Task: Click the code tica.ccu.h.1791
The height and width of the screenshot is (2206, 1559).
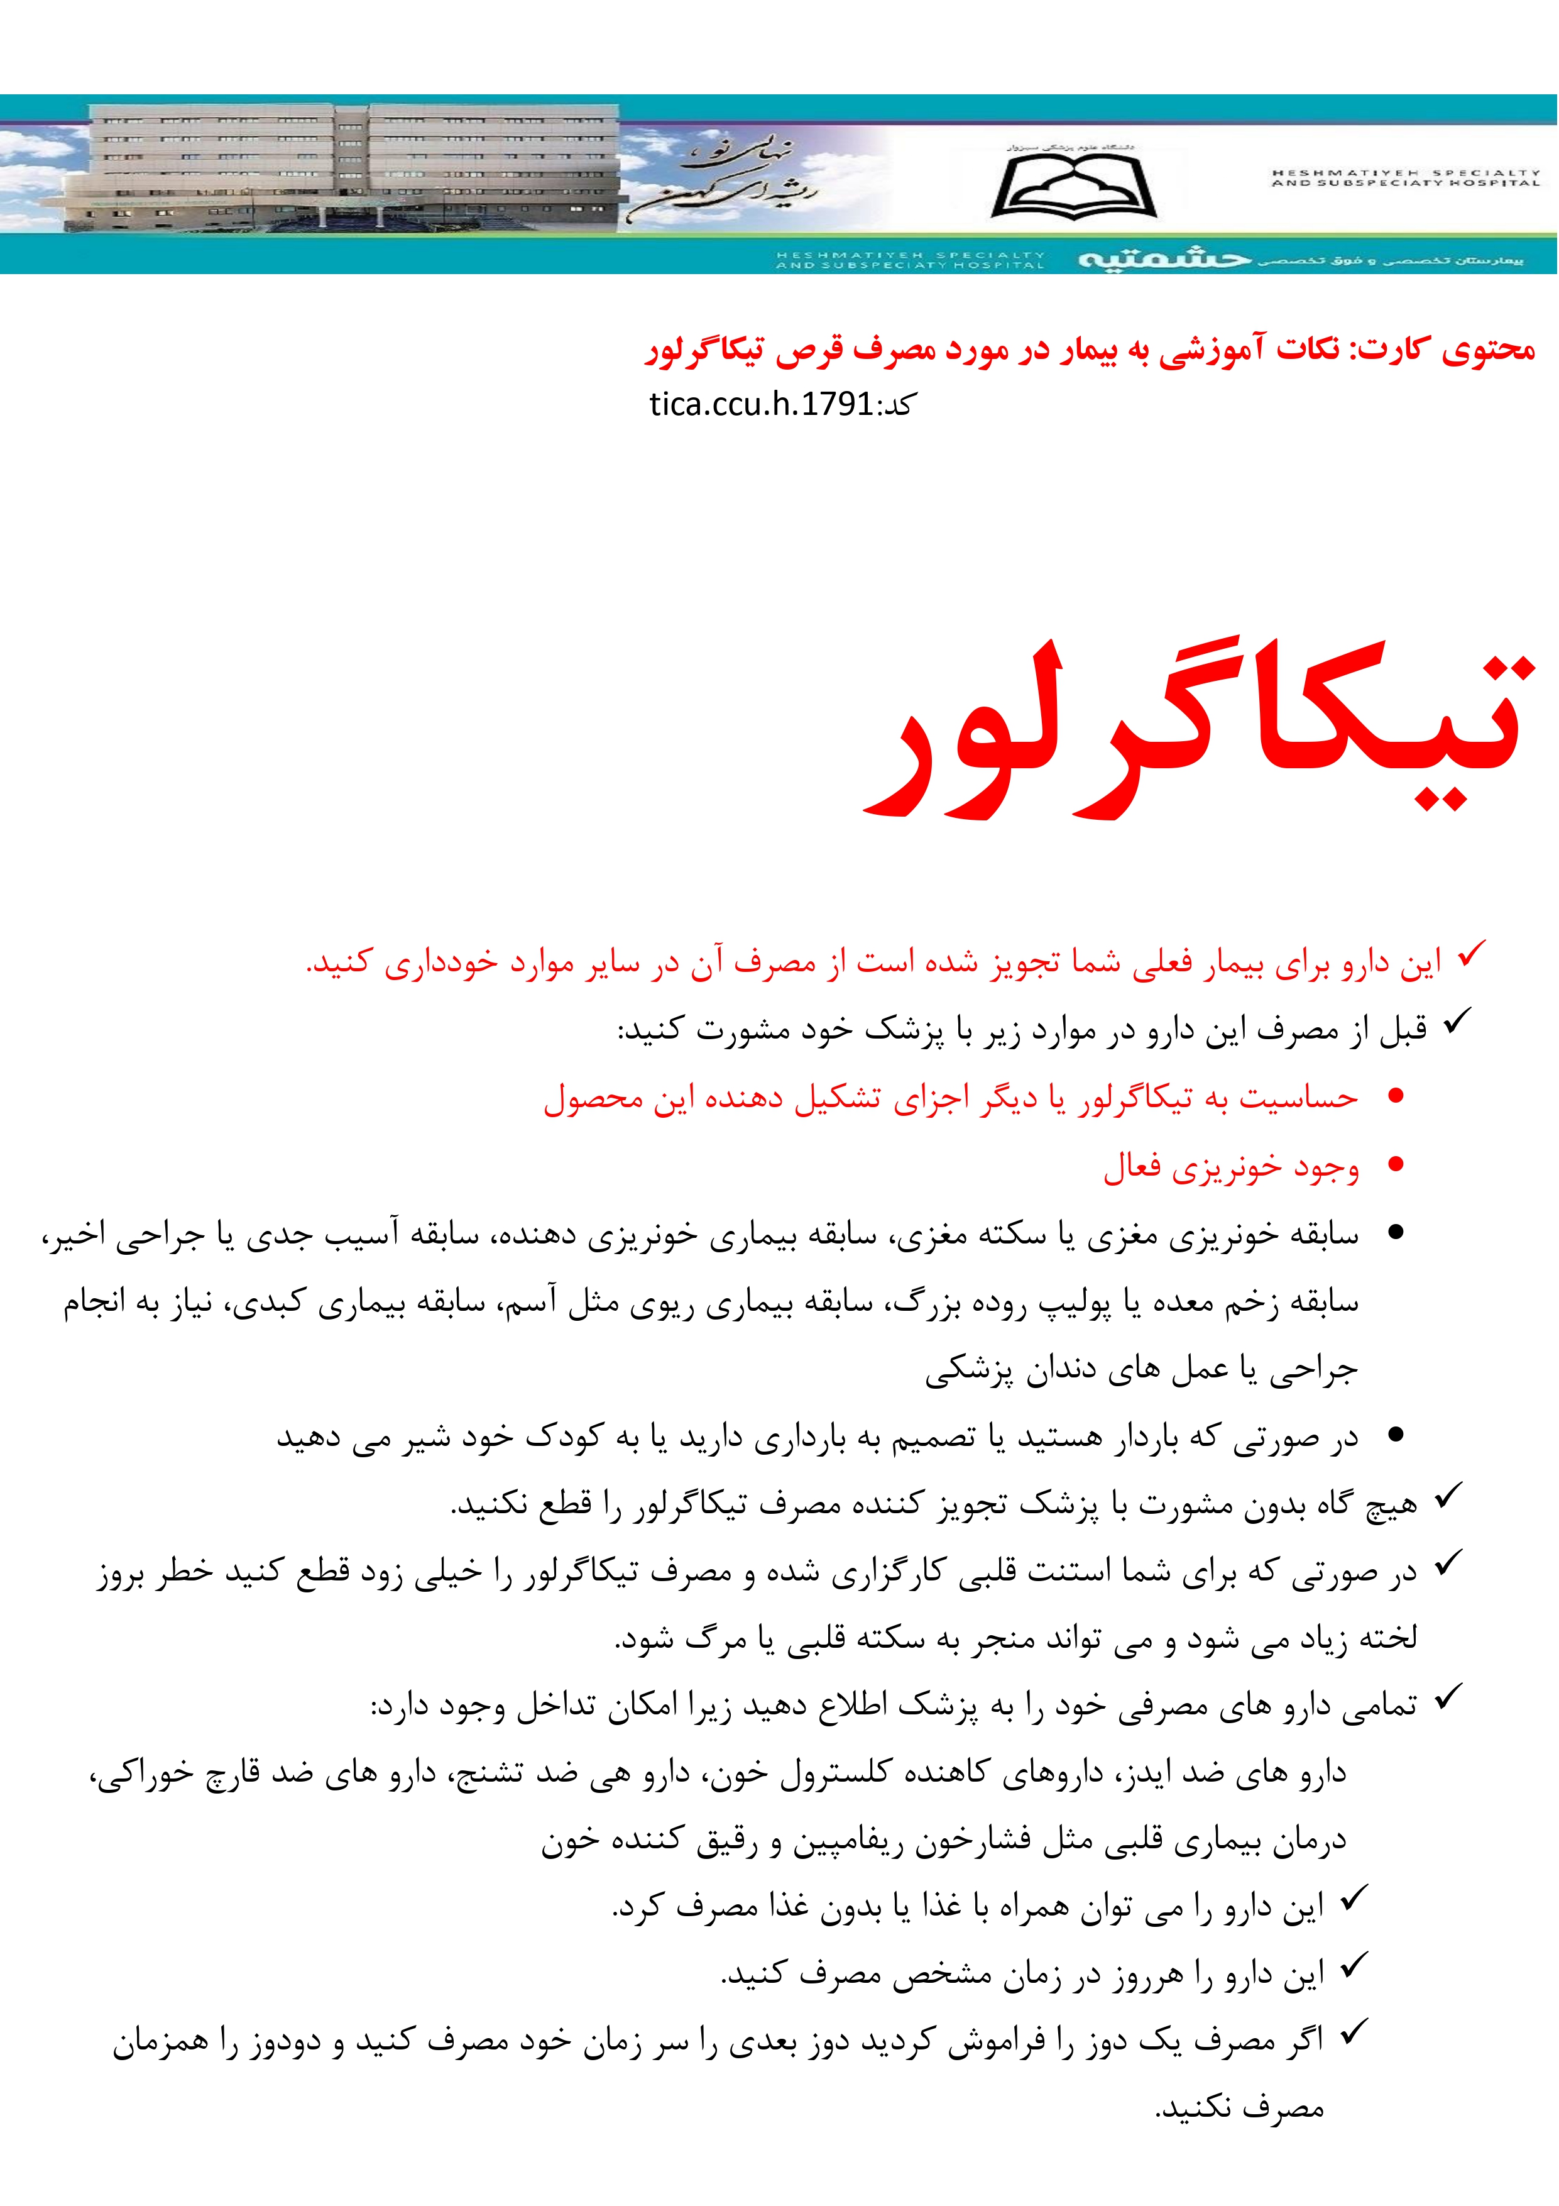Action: point(761,404)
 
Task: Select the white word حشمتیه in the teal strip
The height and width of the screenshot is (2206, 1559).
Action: point(1164,260)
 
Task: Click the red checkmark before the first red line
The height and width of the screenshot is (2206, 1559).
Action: point(1470,955)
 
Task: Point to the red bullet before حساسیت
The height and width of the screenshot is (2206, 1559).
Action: point(1396,1095)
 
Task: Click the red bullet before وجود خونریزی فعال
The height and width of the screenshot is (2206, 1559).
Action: point(1396,1164)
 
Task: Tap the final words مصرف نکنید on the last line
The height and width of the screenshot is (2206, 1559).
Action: point(1239,2110)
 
